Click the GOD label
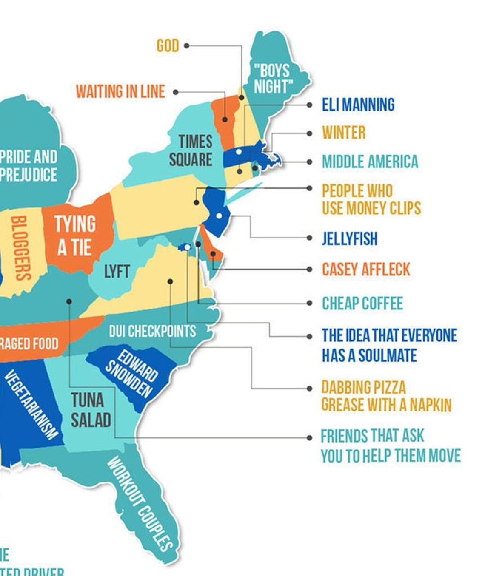tap(168, 45)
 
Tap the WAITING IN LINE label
tap(120, 91)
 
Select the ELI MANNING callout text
tap(358, 105)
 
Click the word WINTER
tap(343, 133)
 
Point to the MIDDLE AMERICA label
tap(370, 162)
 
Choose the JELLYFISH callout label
tap(349, 238)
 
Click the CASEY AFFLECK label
tap(366, 269)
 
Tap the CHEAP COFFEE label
tap(362, 303)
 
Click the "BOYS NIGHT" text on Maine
tap(273, 78)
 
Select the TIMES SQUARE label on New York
tap(191, 150)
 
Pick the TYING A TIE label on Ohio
tap(75, 235)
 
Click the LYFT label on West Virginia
tap(117, 271)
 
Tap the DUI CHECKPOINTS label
tap(152, 331)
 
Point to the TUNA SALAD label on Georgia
tap(91, 410)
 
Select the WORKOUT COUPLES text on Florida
tap(140, 503)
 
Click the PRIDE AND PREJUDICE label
tap(29, 165)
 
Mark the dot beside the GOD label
tap(186, 45)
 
